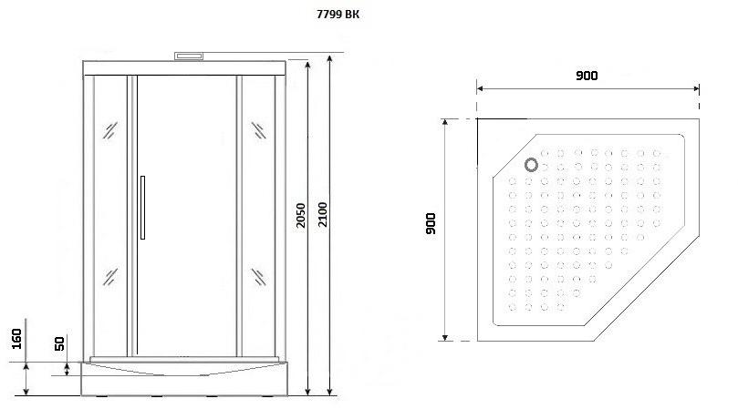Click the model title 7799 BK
(338, 15)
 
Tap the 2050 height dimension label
(301, 215)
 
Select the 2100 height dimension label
(322, 214)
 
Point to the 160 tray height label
(16, 339)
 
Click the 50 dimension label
(60, 343)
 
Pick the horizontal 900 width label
(587, 76)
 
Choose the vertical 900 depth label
(431, 223)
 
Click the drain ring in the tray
(532, 165)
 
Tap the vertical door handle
(142, 208)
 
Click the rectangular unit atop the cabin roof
(189, 56)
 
